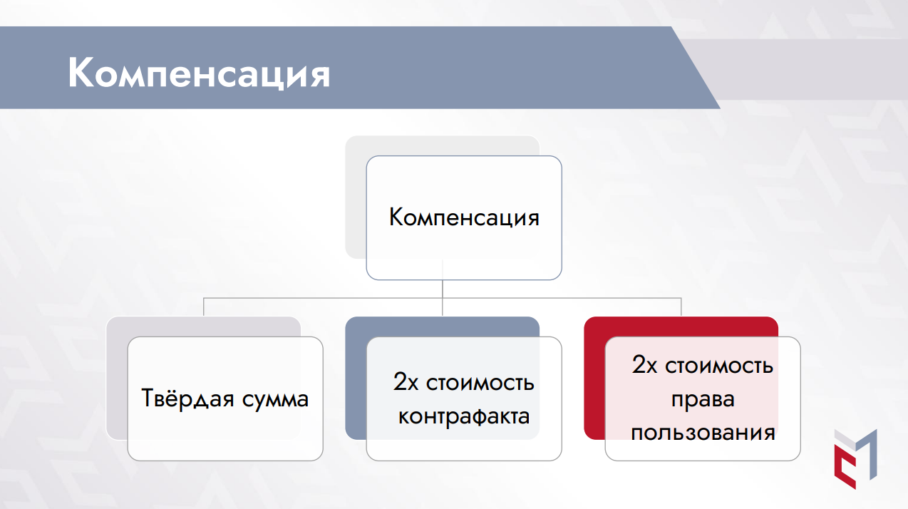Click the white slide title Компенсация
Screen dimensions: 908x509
199,73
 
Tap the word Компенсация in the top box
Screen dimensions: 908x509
464,217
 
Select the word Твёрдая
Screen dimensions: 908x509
187,398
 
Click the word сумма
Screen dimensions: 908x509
276,400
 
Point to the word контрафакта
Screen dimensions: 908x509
464,416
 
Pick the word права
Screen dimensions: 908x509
703,399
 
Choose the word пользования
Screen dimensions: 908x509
703,432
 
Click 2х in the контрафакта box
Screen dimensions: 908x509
406,381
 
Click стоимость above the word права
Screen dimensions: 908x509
719,366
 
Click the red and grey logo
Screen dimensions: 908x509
855,458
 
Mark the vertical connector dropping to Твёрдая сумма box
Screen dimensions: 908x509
204,307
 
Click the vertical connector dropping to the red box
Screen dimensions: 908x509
681,307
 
